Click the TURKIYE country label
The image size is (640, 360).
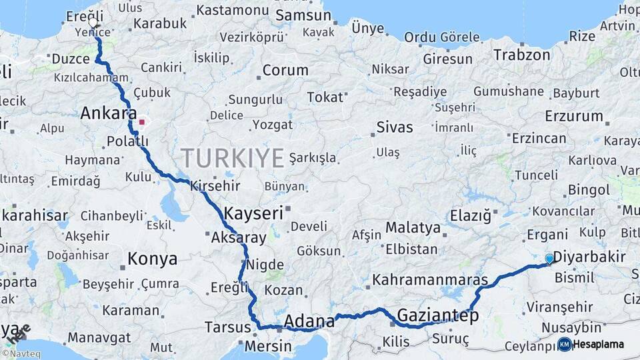233,158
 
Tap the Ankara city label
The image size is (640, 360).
108,113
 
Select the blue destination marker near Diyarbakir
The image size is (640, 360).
549,259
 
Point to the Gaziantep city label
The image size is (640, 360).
437,315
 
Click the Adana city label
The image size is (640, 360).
309,321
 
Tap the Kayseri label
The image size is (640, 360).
254,213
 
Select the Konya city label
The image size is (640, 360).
153,258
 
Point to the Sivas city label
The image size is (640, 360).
395,127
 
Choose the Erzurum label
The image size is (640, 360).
573,116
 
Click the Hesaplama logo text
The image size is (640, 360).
599,345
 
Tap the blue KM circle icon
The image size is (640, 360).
565,345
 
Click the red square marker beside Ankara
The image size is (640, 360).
141,122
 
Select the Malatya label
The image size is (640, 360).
413,228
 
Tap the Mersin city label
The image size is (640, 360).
268,346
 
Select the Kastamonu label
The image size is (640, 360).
232,10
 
